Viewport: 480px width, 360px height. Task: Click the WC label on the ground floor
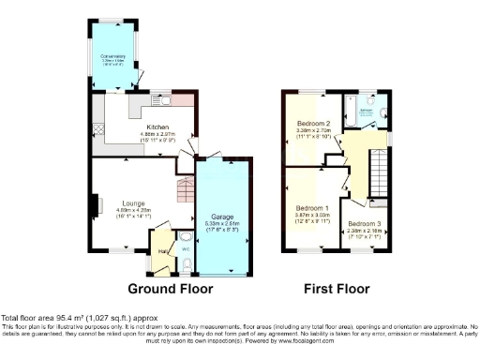(184, 249)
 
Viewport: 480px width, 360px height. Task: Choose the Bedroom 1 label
(312, 207)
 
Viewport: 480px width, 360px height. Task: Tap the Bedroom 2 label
(314, 124)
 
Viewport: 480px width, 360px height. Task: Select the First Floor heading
(337, 289)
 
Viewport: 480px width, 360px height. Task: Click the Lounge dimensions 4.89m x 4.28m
(133, 209)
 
